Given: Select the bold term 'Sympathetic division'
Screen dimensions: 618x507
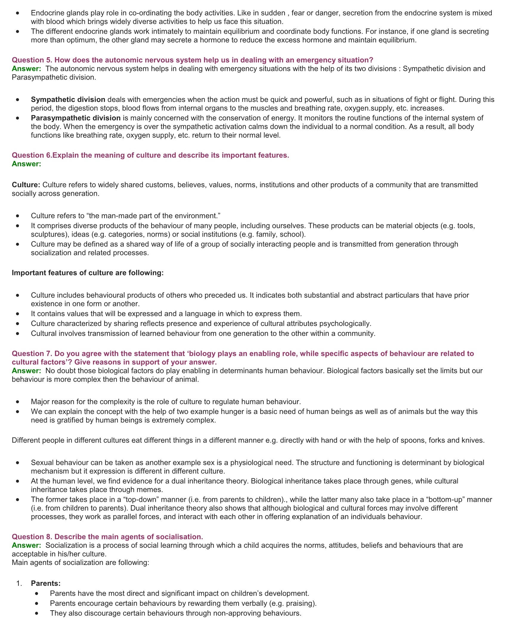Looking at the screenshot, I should click(x=68, y=100).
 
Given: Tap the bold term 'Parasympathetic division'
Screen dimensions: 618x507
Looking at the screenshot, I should click(x=76, y=118).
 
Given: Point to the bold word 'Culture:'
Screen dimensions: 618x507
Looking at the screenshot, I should click(x=26, y=185).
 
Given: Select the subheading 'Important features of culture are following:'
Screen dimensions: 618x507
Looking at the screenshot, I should click(x=88, y=273).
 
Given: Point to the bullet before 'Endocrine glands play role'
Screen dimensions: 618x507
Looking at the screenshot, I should click(x=18, y=13).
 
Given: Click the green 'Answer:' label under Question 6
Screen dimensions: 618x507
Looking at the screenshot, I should click(x=26, y=164).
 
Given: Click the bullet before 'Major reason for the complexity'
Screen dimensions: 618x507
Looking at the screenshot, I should click(x=18, y=402).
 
